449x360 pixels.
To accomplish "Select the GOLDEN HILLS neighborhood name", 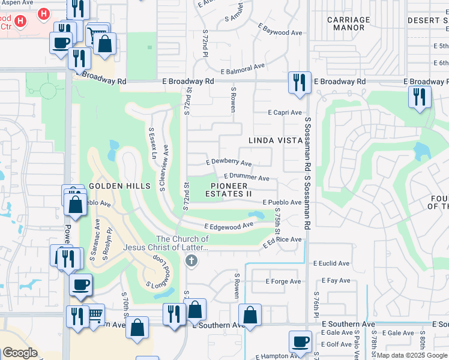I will click(x=119, y=186).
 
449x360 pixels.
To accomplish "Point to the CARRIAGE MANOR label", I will click(x=349, y=23).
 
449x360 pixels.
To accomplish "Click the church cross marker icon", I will click(x=191, y=260).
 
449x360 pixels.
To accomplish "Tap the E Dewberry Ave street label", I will click(x=229, y=162).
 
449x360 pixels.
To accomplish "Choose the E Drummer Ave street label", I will click(x=246, y=177).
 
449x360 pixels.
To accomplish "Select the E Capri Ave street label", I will click(x=285, y=112).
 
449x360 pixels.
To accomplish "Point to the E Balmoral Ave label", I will click(x=243, y=68).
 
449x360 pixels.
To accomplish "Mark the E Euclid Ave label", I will click(x=331, y=263).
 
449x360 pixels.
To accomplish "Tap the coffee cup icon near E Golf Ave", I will click(x=300, y=342).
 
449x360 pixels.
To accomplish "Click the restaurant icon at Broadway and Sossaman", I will click(x=300, y=82).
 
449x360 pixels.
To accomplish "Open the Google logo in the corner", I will click(x=20, y=353).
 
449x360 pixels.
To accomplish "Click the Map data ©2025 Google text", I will click(x=411, y=355).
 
